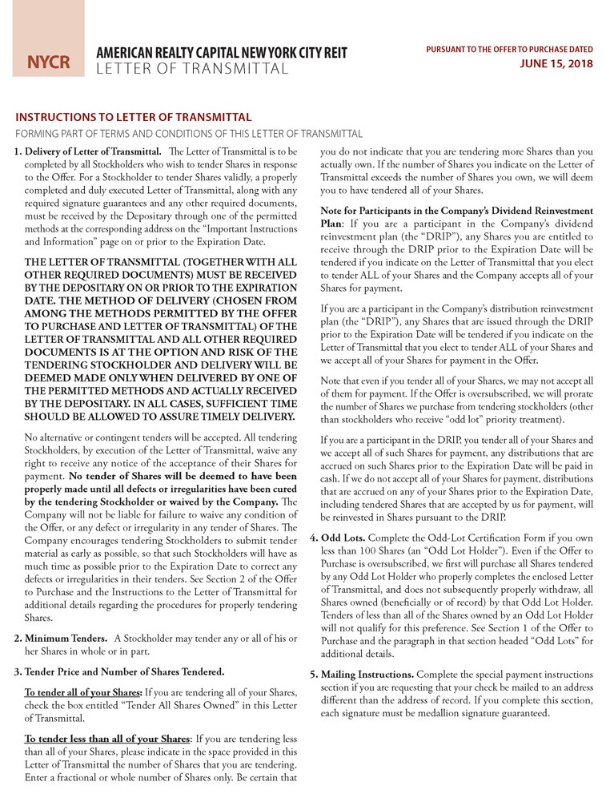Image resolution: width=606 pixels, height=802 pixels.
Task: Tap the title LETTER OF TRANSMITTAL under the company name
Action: [x=192, y=69]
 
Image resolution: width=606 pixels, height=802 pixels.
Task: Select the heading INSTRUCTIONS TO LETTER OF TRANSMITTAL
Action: [x=134, y=117]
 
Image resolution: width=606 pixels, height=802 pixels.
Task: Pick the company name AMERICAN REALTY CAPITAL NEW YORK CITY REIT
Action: [x=222, y=53]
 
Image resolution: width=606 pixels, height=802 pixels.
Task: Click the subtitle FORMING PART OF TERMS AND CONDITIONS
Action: [x=189, y=133]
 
